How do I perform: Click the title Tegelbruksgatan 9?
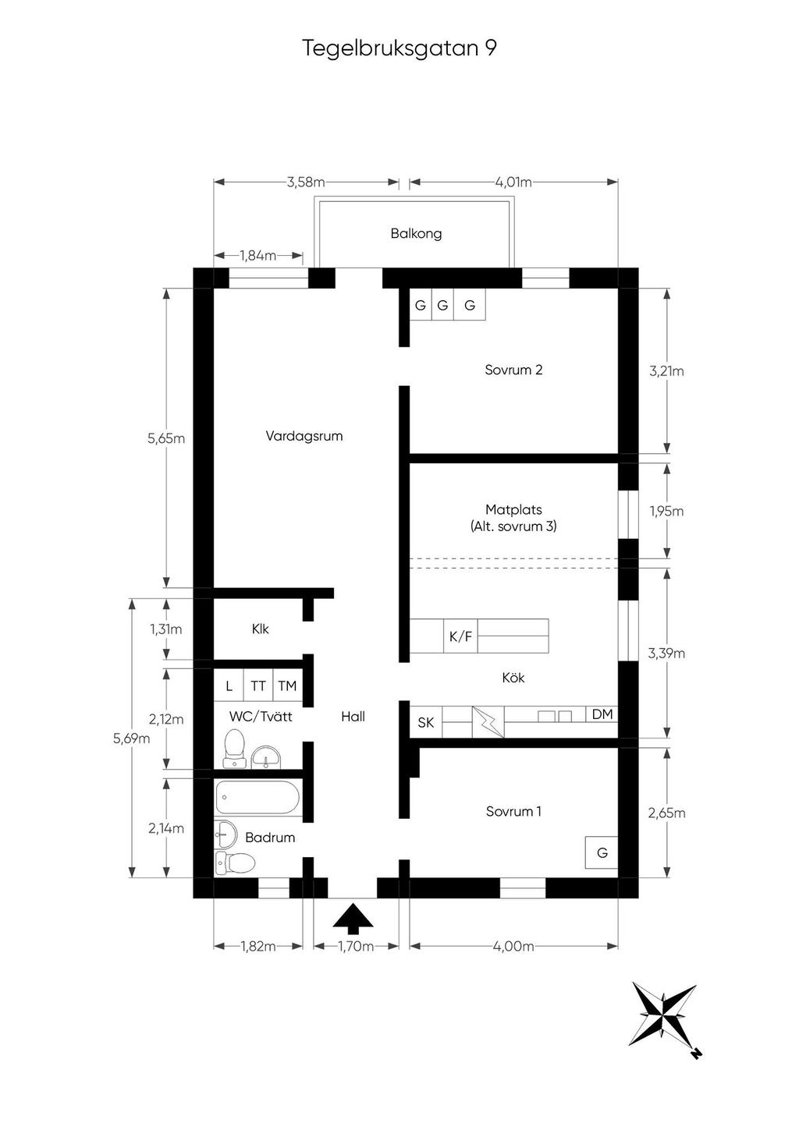(x=399, y=48)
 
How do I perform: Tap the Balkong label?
(x=416, y=233)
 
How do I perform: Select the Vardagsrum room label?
(x=304, y=436)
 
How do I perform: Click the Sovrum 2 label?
(x=513, y=370)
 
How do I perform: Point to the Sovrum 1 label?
(x=513, y=811)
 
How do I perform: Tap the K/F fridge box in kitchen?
(x=460, y=636)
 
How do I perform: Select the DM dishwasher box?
(x=602, y=714)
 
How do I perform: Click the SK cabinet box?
(x=426, y=723)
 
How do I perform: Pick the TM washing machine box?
(x=287, y=686)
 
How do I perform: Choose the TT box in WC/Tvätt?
(x=258, y=686)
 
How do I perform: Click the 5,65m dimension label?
(x=166, y=438)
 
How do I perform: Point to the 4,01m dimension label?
(x=513, y=182)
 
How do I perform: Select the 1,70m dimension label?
(x=356, y=947)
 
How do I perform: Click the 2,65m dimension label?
(x=666, y=813)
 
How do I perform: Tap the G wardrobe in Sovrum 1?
(x=602, y=852)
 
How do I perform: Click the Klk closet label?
(x=260, y=629)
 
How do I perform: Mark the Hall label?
(x=353, y=716)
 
